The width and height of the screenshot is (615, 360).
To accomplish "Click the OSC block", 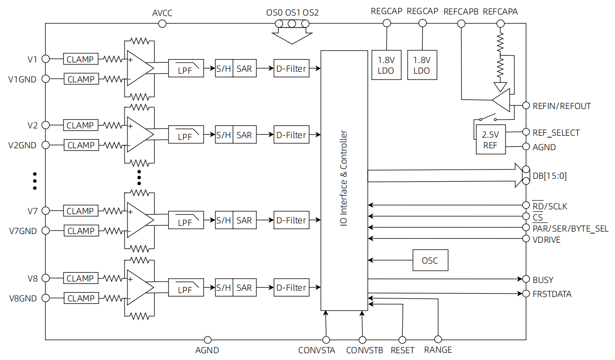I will coord(430,260).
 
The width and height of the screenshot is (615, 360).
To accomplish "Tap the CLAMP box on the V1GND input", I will coord(80,79).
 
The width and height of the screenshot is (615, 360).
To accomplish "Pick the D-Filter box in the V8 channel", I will coord(291,287).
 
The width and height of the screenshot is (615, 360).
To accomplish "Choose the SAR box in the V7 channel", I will coord(244,220).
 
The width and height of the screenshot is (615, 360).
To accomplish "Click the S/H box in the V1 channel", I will coord(223,69).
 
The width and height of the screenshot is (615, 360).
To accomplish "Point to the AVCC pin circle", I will coord(162,23).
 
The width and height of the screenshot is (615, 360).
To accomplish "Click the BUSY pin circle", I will coord(526,279).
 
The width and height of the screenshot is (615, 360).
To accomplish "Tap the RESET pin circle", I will coord(402,340).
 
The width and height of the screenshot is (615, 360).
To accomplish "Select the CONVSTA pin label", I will coord(316,350).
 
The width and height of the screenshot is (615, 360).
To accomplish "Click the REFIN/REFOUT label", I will coord(561,106).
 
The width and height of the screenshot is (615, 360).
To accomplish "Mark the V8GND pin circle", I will coord(46,298).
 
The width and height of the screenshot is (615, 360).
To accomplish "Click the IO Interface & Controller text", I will coord(344,180).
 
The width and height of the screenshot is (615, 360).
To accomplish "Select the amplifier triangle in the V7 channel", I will coord(140,220).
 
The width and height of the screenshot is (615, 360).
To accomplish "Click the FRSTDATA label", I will coord(552,294).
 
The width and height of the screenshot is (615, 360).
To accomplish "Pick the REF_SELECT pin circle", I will coord(526,132).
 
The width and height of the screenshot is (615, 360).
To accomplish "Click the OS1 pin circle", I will coord(292,23).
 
